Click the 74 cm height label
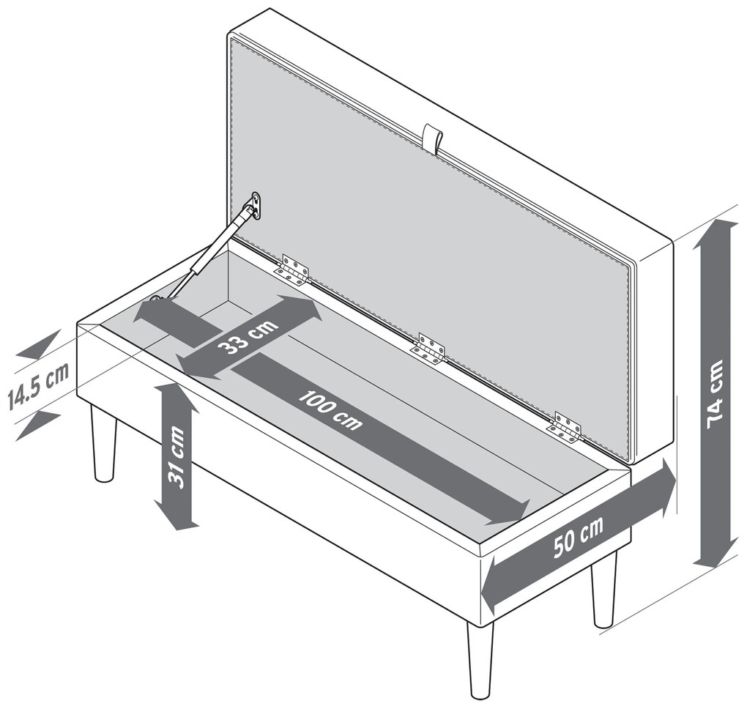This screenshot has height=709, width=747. [716, 395]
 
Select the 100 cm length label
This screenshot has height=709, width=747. [330, 409]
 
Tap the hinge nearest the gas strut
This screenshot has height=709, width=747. [291, 270]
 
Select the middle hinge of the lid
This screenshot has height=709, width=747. [428, 349]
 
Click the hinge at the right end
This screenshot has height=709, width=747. [566, 428]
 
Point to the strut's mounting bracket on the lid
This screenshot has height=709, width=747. [256, 206]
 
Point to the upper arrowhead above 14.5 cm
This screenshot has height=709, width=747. [39, 344]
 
